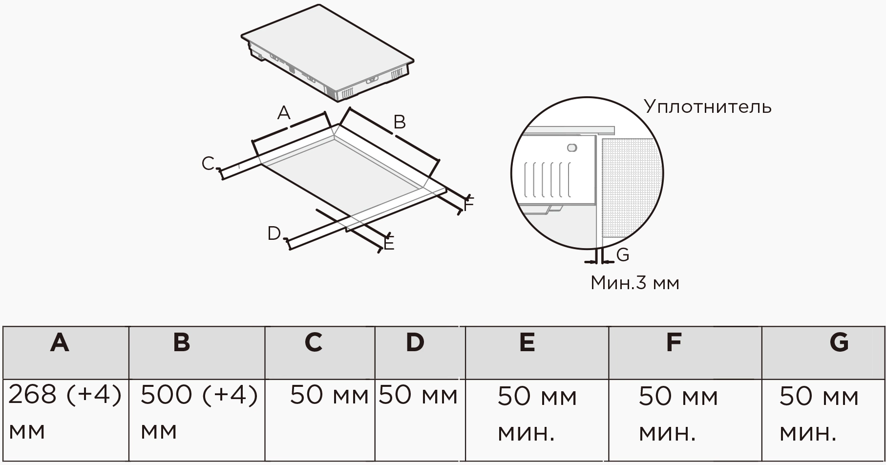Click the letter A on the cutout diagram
click(283, 113)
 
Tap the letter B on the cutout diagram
click(400, 122)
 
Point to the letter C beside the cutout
click(208, 164)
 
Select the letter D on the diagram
click(274, 233)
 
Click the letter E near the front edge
click(389, 243)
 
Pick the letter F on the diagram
click(469, 205)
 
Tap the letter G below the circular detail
click(623, 255)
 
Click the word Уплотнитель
click(707, 106)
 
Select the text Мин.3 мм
click(634, 283)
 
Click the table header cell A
click(60, 343)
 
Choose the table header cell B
click(182, 343)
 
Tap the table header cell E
click(527, 343)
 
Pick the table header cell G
click(839, 343)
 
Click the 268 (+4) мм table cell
click(64, 413)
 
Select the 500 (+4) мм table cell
click(198, 413)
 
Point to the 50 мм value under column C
click(329, 396)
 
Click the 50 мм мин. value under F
click(678, 414)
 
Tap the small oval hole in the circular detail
click(572, 148)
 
